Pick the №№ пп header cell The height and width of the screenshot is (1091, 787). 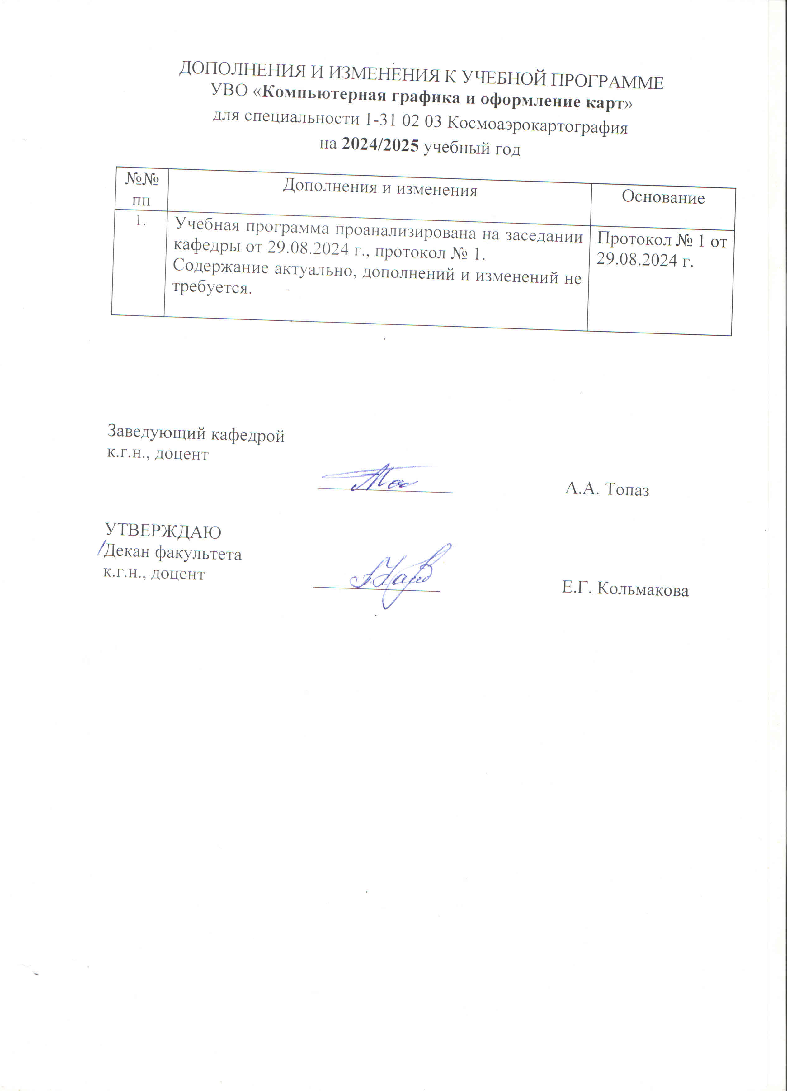pos(142,189)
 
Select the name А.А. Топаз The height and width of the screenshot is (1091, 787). pos(607,489)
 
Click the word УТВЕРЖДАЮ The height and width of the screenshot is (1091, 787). pos(163,531)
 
